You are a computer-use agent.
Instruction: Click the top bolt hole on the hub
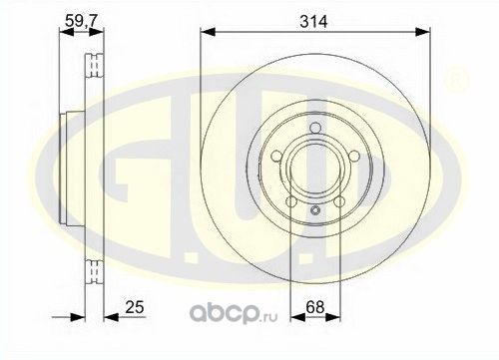coord(313,127)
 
